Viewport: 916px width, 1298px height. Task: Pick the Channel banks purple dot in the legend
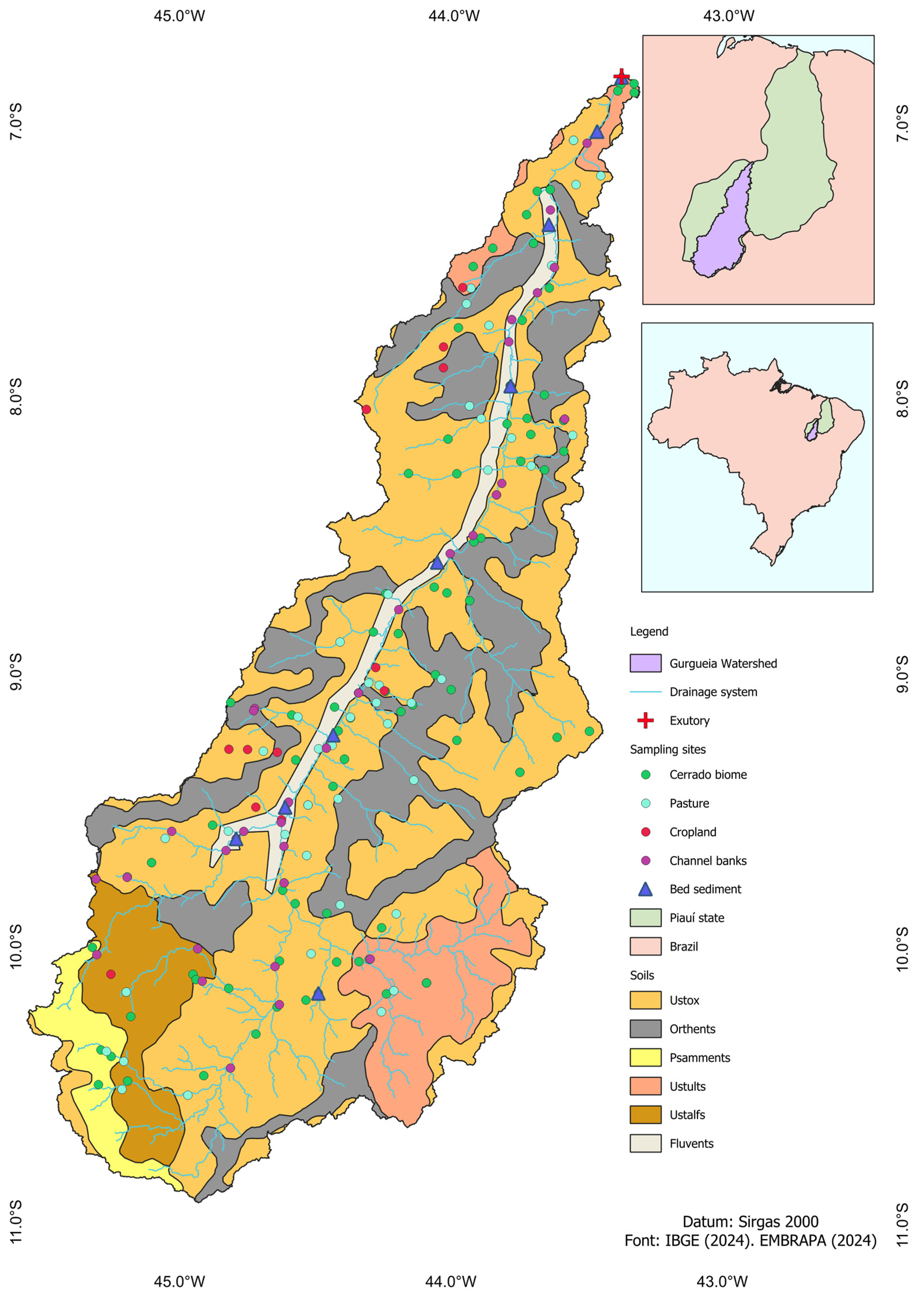click(x=645, y=860)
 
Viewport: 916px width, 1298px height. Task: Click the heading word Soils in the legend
click(x=642, y=975)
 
